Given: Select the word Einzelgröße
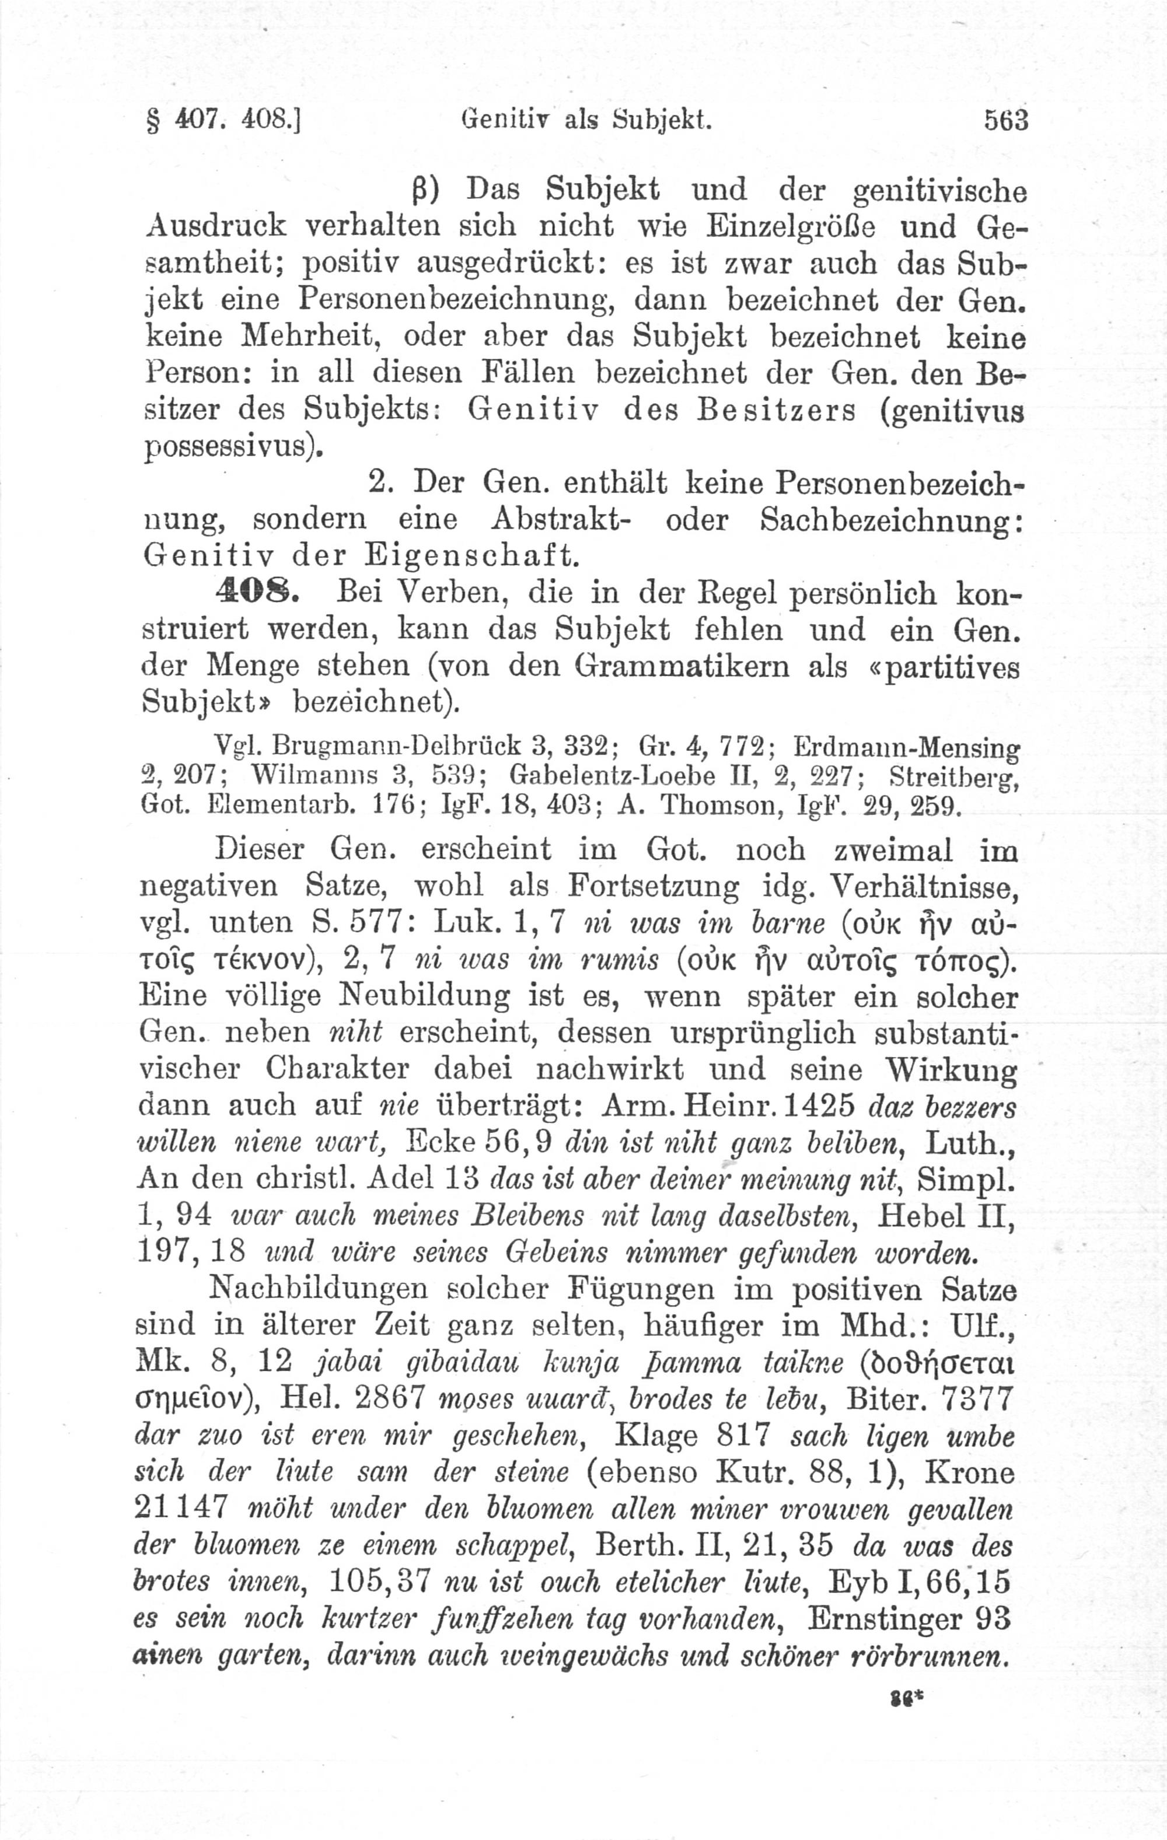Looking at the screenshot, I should [x=794, y=226].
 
